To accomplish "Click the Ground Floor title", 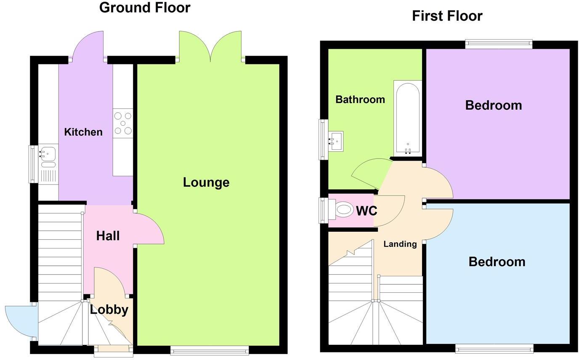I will pos(145,7).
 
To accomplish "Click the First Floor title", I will pos(447,16).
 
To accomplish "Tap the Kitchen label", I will pos(83,132).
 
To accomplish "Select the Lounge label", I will pos(206,182).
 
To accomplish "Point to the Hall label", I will pos(108,236).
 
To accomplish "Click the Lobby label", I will pos(109,310).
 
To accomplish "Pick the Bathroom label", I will pos(360,100).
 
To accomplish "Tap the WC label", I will pos(367,211).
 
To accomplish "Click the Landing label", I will pos(400,244).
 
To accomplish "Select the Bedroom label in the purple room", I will pos(494,105).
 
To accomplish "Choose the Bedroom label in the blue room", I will pos(497,262).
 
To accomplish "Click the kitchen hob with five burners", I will pos(123,123).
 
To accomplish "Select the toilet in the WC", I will pos(343,209).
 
